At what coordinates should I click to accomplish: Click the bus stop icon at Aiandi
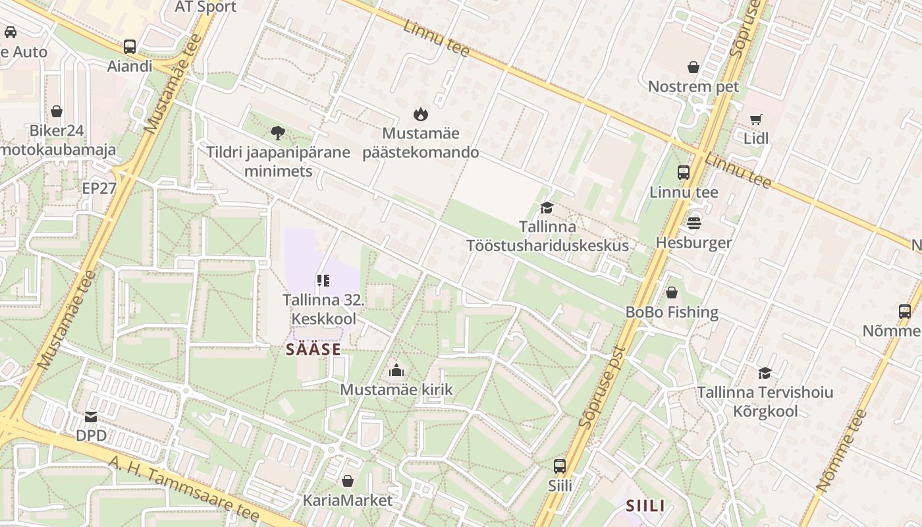130,47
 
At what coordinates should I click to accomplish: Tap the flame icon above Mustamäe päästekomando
420,115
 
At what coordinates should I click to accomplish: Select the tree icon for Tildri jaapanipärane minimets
278,133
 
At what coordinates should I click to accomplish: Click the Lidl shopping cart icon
755,120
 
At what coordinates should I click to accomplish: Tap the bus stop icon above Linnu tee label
684,173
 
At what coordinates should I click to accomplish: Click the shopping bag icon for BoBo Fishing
672,292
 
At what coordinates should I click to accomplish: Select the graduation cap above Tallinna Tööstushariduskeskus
547,208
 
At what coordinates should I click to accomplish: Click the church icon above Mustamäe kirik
396,370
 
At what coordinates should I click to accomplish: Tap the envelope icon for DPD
91,416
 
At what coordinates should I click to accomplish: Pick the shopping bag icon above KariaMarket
347,481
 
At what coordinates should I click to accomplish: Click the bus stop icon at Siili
560,466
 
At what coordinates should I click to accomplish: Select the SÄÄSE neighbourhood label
313,349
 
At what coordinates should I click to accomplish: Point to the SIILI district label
645,506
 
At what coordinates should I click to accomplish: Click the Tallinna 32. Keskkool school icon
323,281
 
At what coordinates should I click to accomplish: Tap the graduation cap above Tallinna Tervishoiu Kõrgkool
765,374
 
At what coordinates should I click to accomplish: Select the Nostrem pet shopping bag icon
693,67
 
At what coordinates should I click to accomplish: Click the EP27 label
99,188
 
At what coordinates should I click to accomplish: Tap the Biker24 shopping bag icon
57,111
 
